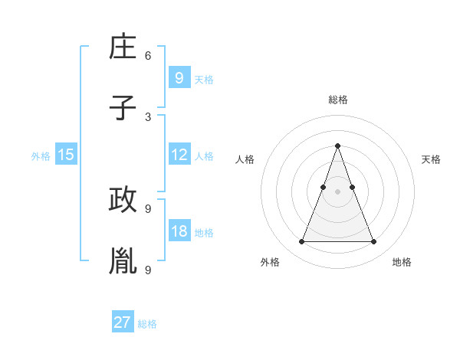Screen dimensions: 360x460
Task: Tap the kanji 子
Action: coord(123,108)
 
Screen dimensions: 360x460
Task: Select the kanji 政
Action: coord(123,200)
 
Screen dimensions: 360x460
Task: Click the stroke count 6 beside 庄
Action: coord(148,56)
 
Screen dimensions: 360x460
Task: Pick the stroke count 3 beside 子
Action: coord(148,116)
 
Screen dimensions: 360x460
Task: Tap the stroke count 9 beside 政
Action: coord(148,208)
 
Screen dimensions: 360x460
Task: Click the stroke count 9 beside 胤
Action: coord(148,269)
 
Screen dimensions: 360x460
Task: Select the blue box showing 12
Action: coord(179,155)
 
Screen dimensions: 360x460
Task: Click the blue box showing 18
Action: coord(179,231)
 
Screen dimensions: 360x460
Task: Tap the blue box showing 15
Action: coord(66,155)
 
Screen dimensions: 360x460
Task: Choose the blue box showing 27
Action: coord(123,322)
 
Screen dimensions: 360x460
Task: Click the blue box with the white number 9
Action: coord(179,77)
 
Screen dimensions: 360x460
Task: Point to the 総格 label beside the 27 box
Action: coord(147,324)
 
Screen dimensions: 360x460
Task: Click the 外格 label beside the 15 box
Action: coord(41,156)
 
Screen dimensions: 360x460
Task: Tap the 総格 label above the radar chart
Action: coord(337,100)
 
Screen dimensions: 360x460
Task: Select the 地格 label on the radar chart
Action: coord(402,262)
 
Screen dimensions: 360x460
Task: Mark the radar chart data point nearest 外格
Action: coord(301,242)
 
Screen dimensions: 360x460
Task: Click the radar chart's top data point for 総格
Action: coord(337,146)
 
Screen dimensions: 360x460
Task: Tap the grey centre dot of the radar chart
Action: coord(337,191)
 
